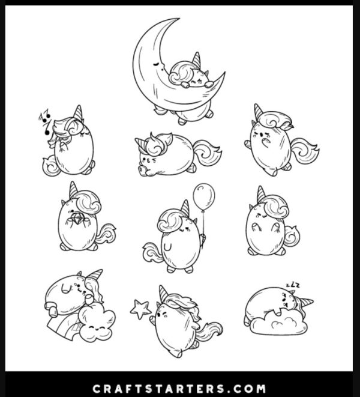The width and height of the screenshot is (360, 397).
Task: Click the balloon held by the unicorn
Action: tap(203, 197)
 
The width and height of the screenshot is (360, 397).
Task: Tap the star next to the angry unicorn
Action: tap(140, 309)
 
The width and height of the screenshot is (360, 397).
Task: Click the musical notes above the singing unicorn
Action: tap(45, 121)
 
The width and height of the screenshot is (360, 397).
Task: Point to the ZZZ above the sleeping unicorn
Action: tap(293, 286)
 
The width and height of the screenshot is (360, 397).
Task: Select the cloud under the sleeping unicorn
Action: tap(278, 323)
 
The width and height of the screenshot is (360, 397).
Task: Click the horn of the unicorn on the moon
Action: tap(197, 59)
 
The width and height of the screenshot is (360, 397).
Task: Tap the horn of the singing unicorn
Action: tap(78, 113)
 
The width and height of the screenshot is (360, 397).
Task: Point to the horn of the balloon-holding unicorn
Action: tap(185, 208)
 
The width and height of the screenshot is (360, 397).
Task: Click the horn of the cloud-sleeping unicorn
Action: tap(305, 302)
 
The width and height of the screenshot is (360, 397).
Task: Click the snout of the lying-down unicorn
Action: tap(142, 169)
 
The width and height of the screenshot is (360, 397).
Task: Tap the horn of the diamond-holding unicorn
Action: tap(73, 190)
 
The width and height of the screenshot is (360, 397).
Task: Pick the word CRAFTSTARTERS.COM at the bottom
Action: tap(179, 389)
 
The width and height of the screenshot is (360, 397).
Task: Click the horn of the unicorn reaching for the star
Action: tap(164, 294)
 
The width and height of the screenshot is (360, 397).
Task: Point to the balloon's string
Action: tap(203, 228)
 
